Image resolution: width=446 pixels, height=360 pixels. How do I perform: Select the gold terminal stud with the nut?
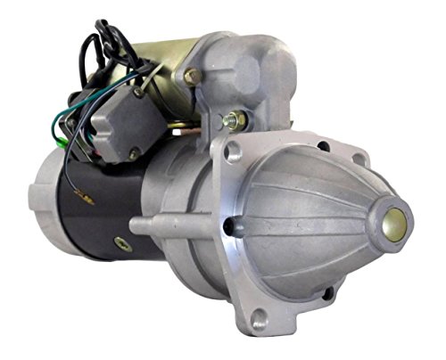(x=235, y=117)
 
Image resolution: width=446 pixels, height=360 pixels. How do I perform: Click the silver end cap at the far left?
(x=49, y=192)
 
